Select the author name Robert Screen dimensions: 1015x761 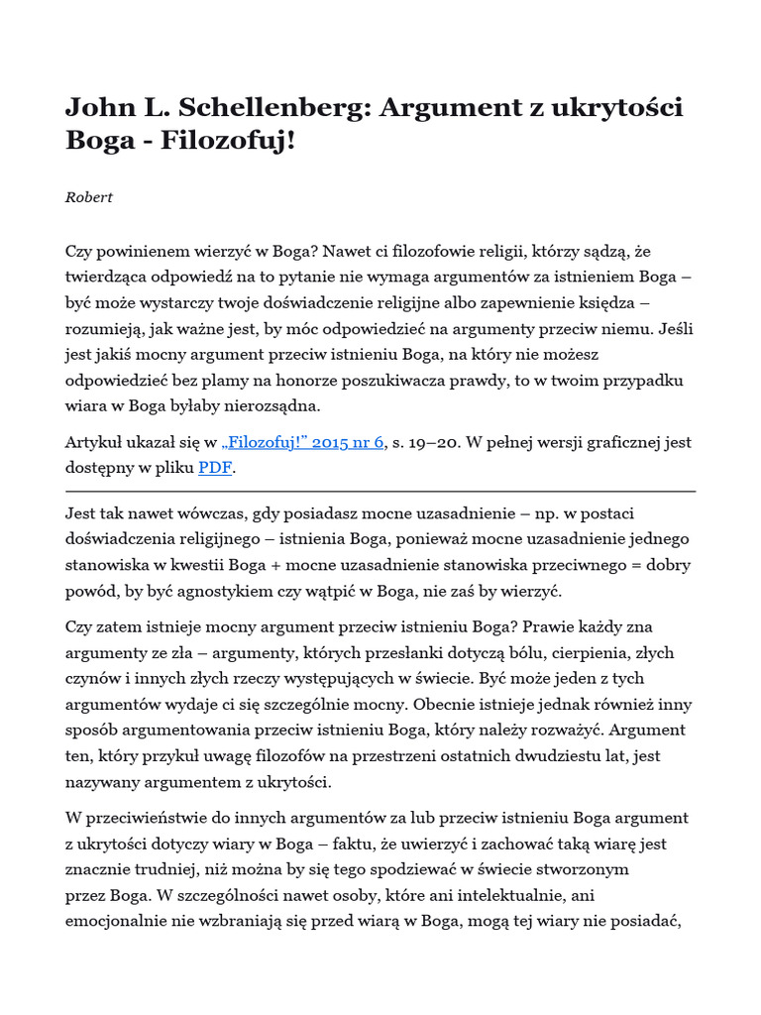[x=89, y=197]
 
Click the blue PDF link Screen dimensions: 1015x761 [x=214, y=468]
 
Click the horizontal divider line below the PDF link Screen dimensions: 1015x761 [x=380, y=491]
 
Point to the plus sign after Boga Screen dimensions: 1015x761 [x=321, y=564]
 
